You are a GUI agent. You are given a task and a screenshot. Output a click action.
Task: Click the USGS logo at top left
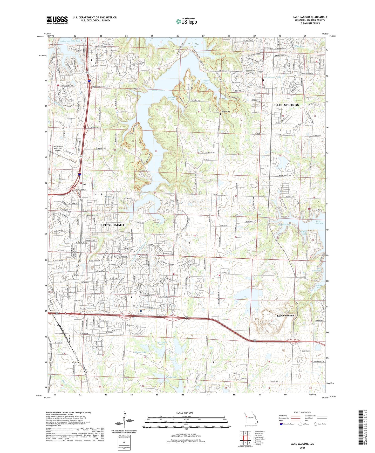tap(57, 20)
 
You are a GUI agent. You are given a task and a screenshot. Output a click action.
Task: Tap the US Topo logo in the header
tap(186, 21)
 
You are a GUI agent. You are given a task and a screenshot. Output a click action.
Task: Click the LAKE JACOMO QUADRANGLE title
tap(310, 17)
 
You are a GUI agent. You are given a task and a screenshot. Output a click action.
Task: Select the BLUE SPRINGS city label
tap(287, 105)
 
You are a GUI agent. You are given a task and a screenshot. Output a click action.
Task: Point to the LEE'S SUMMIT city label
tap(112, 225)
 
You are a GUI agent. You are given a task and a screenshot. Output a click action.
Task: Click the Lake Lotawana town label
tap(285, 315)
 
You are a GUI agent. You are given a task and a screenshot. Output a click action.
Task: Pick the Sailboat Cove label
tap(172, 98)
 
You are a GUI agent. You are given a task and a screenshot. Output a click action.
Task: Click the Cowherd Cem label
tap(225, 112)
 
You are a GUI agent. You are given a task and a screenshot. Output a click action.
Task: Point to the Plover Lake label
tap(140, 352)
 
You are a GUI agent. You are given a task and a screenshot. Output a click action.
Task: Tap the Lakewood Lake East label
tap(70, 41)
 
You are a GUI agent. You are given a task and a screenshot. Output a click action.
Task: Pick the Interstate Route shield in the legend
tap(281, 424)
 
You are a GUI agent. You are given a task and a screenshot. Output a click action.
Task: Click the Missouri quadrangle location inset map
tap(250, 418)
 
